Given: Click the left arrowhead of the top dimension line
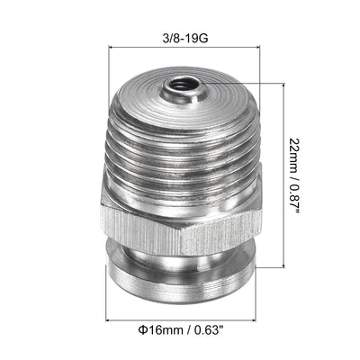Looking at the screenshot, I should pyautogui.click(x=111, y=55).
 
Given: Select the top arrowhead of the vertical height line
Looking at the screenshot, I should pyautogui.click(x=289, y=82).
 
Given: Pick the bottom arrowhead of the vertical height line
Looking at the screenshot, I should pyautogui.click(x=289, y=267).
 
